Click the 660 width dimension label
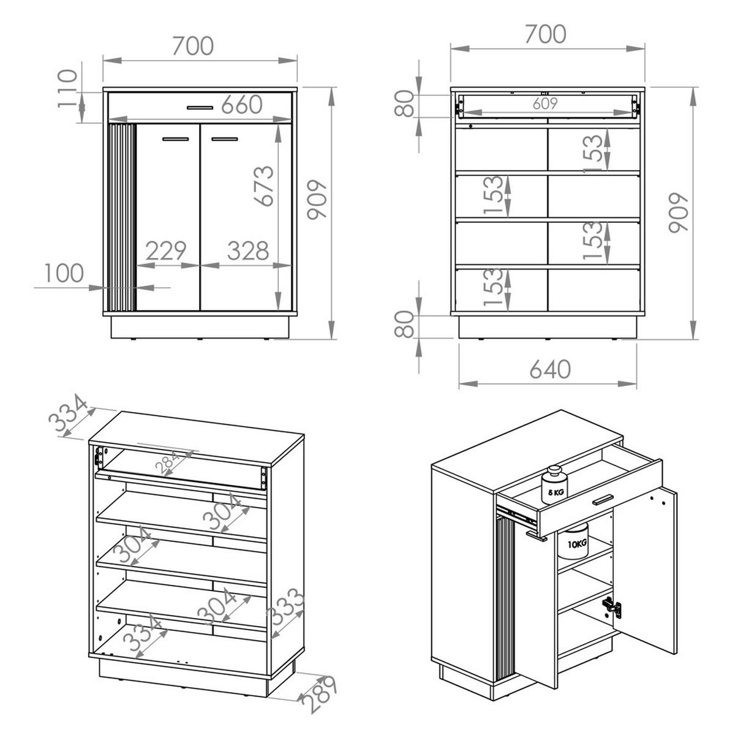[x=241, y=105]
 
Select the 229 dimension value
[x=165, y=251]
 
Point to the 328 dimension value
[x=248, y=251]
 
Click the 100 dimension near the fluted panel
[x=64, y=273]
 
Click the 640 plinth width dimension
[x=549, y=369]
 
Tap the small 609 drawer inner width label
[x=545, y=104]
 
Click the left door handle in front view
[x=176, y=140]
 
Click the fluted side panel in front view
[x=121, y=217]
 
